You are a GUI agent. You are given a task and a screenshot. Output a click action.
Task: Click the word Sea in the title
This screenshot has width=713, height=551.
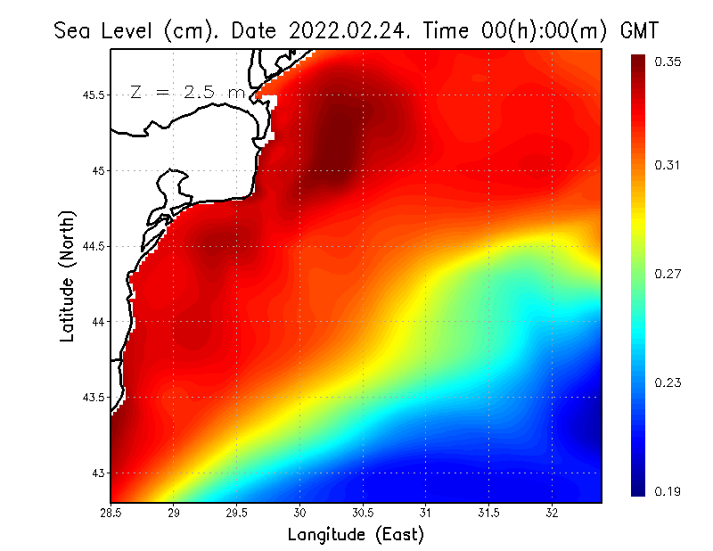(73, 31)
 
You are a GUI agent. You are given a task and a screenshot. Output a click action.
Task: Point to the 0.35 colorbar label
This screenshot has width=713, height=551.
(668, 62)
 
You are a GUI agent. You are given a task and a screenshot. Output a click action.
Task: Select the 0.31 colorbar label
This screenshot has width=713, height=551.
(668, 165)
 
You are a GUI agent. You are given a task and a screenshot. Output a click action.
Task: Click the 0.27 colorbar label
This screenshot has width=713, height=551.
(668, 274)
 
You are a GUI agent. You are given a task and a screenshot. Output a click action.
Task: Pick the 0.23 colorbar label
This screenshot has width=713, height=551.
(668, 382)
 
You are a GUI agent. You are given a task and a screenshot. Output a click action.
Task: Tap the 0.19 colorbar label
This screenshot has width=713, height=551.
(668, 491)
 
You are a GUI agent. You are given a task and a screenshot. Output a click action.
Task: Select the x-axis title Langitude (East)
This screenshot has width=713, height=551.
(356, 535)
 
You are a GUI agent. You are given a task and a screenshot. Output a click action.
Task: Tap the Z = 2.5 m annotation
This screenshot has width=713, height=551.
(187, 92)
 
